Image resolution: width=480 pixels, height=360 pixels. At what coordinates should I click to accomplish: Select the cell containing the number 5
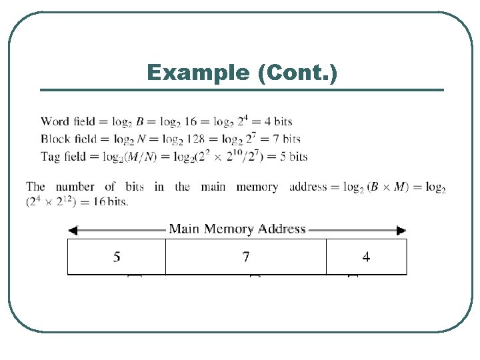117,257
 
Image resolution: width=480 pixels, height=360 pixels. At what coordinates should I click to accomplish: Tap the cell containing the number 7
246,257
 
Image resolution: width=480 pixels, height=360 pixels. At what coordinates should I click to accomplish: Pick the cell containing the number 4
366,257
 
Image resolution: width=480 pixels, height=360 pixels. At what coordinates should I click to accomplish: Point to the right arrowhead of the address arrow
401,231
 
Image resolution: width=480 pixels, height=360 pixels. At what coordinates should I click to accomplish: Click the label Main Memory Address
237,229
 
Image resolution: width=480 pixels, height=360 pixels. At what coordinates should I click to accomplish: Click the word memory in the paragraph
257,187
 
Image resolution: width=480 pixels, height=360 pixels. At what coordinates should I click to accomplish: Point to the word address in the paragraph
308,187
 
